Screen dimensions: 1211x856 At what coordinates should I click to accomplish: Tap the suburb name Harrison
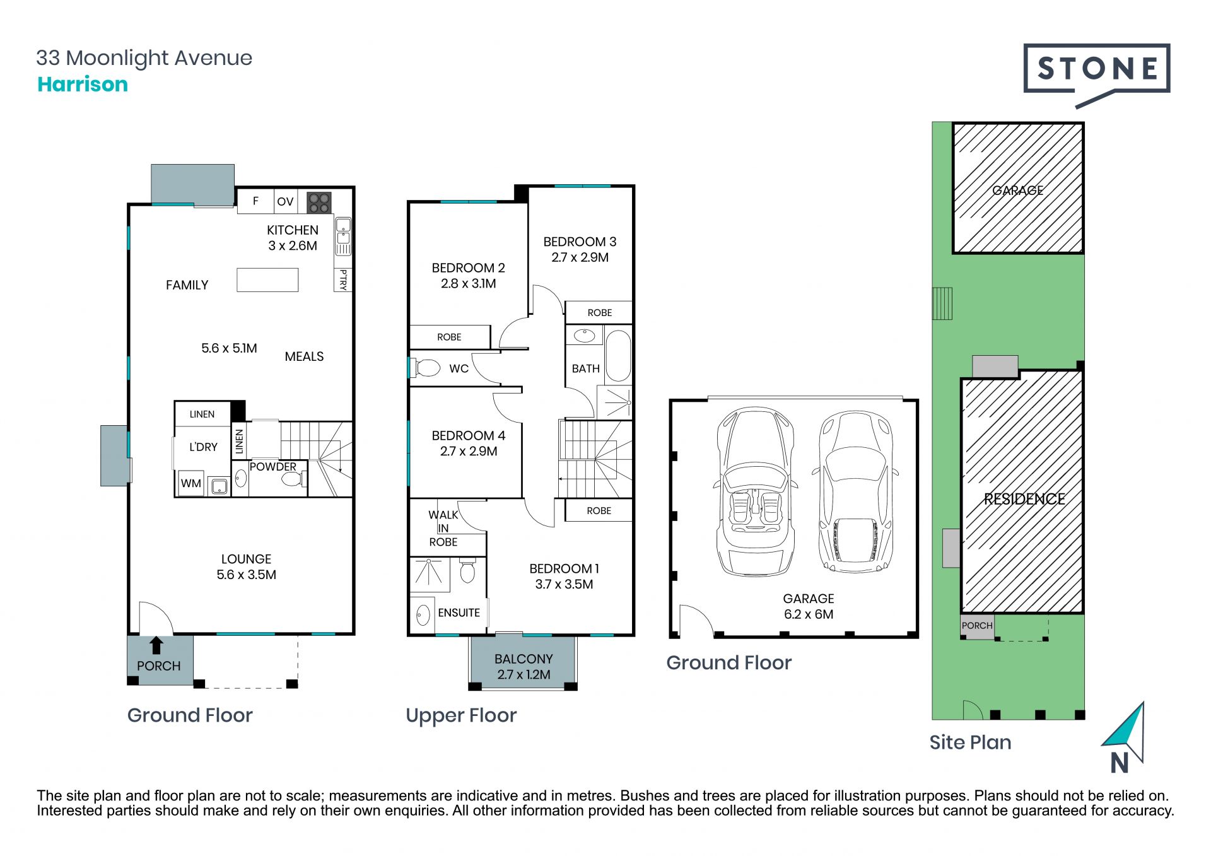coord(83,85)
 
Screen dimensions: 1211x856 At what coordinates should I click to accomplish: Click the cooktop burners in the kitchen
coord(319,202)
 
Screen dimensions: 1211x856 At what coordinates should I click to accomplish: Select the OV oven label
coord(285,202)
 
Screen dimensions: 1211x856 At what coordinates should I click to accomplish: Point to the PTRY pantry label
coord(343,279)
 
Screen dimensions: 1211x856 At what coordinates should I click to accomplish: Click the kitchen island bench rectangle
coord(267,280)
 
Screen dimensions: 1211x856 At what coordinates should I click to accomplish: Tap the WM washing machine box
coord(190,483)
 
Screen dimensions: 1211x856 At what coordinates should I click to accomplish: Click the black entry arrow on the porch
coord(156,645)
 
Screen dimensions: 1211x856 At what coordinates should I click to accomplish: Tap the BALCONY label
coord(524,659)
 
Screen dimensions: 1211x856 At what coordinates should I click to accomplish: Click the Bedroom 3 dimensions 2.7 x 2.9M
coord(580,257)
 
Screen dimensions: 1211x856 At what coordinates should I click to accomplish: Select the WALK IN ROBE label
coord(443,529)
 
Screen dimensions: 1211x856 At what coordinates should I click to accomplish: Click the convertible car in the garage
coord(755,491)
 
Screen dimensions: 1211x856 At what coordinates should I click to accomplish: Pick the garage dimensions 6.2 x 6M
coord(809,614)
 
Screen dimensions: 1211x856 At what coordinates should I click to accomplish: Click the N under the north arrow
coord(1120,763)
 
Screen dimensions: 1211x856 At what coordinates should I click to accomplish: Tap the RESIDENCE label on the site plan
coord(1024,499)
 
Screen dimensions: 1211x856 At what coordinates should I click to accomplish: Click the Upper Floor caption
coord(461,716)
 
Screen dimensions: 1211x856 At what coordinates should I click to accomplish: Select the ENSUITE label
coord(459,613)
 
